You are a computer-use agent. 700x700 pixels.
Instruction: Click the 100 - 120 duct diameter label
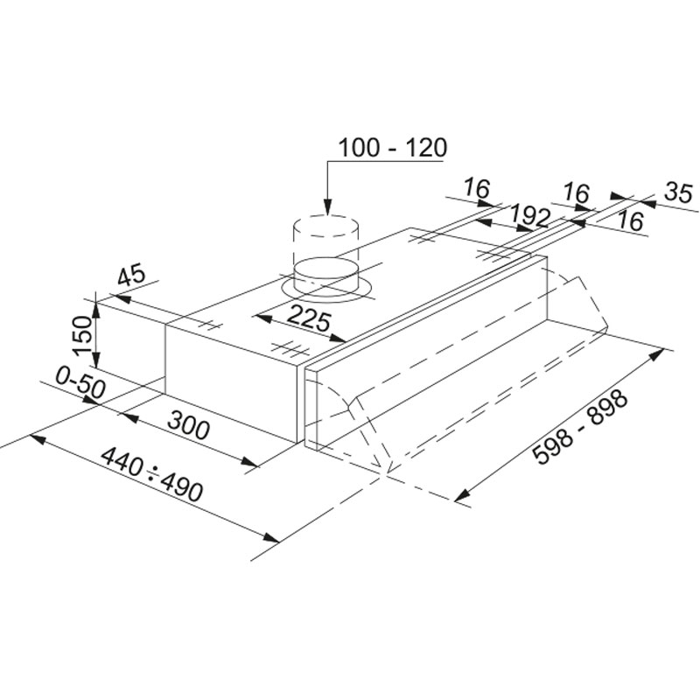[392, 148]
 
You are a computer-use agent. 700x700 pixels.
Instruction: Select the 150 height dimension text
[83, 335]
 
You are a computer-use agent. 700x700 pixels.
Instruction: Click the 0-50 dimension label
[80, 382]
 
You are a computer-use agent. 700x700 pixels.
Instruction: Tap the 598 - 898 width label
[580, 427]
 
